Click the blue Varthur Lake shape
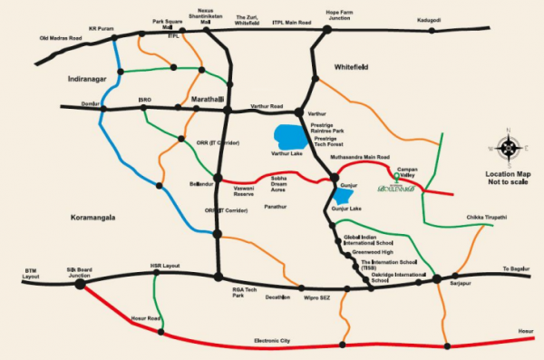click(291, 137)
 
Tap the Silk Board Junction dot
click(80, 283)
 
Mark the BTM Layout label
click(34, 273)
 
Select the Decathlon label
click(278, 297)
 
